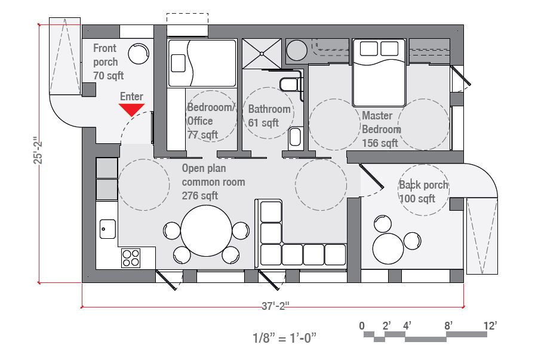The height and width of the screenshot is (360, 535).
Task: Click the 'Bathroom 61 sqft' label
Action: tap(269, 116)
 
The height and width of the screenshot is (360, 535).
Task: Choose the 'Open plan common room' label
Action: tap(213, 181)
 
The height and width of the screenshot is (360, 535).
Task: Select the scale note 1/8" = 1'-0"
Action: tap(284, 338)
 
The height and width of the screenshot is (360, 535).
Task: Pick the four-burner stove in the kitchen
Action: tap(131, 258)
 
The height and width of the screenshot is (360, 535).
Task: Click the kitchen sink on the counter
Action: tap(108, 228)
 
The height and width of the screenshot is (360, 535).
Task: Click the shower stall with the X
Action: tap(261, 53)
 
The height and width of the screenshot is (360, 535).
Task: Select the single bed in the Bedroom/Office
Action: tap(202, 63)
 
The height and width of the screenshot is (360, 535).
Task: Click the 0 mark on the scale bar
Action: tap(362, 326)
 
